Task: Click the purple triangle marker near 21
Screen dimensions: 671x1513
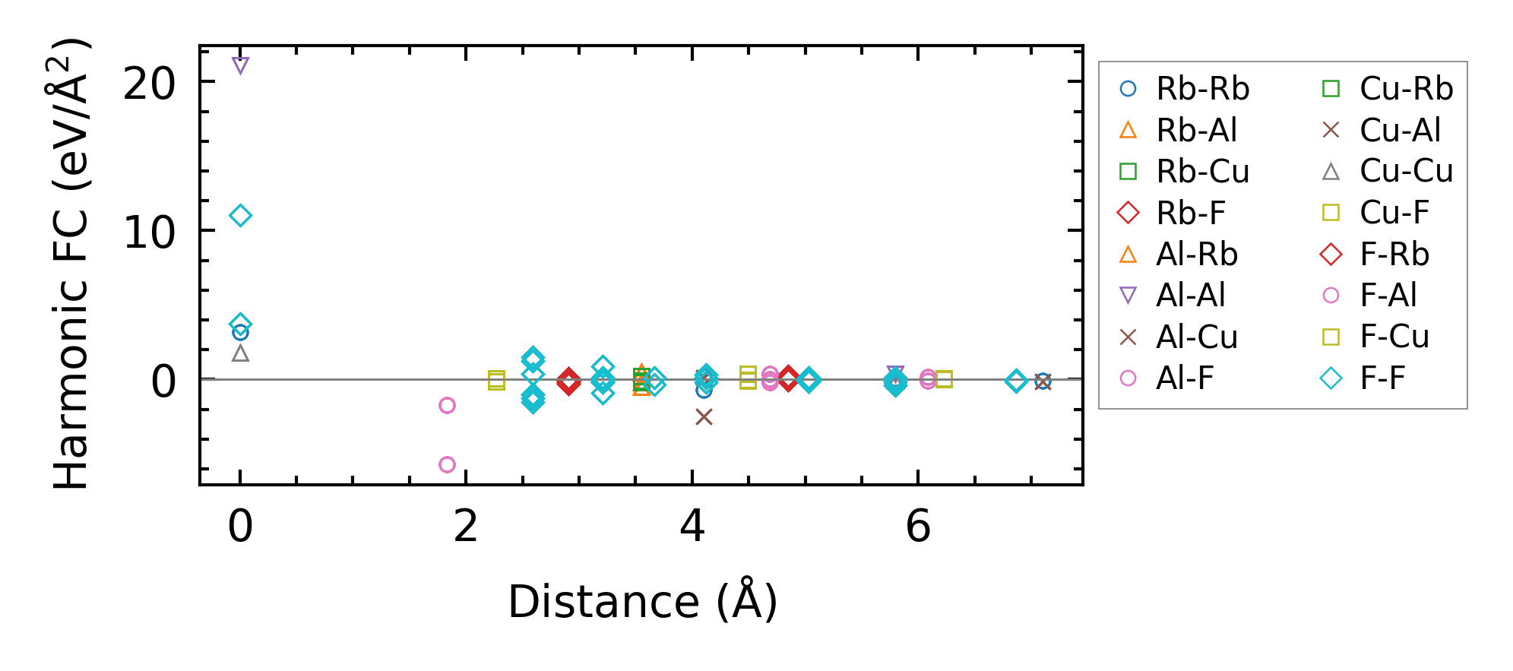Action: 240,66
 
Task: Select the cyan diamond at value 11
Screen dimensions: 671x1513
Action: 240,216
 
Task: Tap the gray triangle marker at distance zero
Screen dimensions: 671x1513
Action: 240,353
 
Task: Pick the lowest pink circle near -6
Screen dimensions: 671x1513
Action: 447,464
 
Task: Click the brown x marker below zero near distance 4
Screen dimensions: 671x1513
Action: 704,417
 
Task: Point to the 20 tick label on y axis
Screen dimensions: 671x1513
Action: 149,83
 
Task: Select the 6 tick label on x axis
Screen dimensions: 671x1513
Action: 918,526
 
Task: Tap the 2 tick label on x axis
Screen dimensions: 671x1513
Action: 466,526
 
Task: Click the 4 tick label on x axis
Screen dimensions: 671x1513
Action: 692,526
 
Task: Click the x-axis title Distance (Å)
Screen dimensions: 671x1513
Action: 642,602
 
